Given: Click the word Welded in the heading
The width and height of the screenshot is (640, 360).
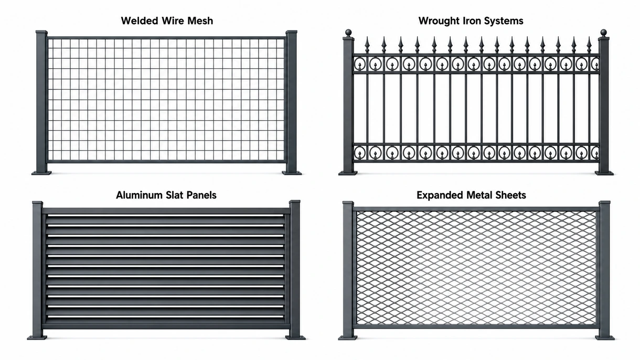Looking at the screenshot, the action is (140, 21).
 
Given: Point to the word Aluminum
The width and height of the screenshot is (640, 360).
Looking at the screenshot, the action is (140, 195).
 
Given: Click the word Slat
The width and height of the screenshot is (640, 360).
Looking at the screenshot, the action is (174, 195).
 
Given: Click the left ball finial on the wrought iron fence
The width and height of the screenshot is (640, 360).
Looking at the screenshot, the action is (348, 33).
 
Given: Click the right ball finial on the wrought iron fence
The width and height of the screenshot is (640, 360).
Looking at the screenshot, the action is (603, 33).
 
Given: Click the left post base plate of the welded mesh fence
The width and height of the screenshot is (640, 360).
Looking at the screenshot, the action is (41, 173).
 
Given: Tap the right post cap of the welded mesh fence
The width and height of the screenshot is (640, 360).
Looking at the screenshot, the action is (292, 31).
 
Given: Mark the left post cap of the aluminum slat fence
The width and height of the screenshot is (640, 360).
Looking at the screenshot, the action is (37, 203).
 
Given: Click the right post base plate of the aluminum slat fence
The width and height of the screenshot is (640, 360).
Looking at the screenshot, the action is (295, 338).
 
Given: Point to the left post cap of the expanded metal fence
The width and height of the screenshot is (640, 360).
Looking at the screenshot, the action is (348, 203).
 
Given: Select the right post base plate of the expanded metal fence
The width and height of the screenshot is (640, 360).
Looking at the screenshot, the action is (604, 338).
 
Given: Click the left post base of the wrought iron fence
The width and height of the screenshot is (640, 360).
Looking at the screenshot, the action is (348, 173).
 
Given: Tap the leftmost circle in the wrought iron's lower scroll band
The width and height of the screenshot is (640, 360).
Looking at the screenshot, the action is (360, 152).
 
